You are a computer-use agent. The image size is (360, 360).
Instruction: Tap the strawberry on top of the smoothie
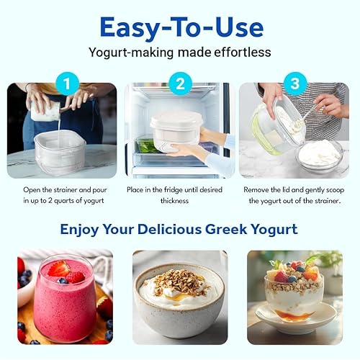coord(58,269)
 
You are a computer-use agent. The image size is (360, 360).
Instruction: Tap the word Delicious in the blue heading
coord(161,230)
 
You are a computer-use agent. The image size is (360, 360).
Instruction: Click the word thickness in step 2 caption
coord(180,201)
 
